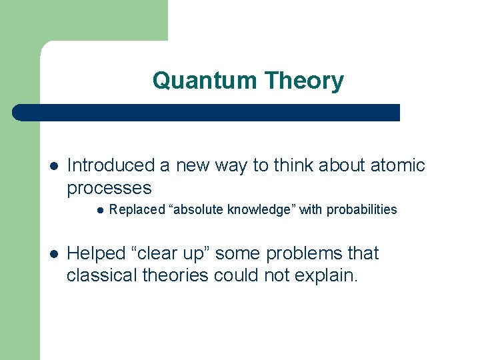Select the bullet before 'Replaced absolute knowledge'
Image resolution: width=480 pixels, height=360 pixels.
(99, 210)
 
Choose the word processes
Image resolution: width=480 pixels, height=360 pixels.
(109, 188)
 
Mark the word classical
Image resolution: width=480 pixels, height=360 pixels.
(97, 275)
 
